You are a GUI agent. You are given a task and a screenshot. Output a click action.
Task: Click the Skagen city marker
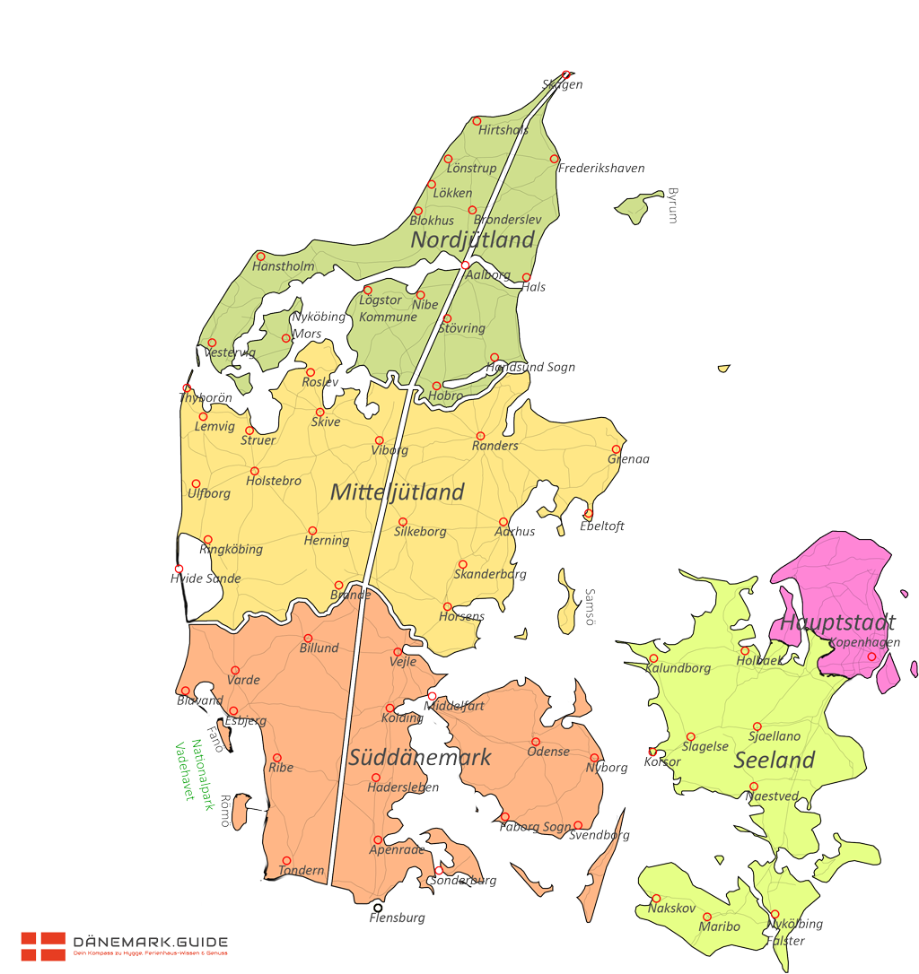click(565, 75)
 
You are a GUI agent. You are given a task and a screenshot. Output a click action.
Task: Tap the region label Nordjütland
click(473, 240)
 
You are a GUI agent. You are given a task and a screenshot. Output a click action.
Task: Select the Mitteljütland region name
click(398, 492)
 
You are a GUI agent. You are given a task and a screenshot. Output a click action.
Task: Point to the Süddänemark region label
click(420, 758)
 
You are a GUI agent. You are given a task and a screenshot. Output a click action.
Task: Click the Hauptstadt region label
click(837, 622)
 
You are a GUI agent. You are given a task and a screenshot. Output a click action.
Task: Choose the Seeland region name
click(774, 761)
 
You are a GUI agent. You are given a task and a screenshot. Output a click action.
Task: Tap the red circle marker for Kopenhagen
click(871, 657)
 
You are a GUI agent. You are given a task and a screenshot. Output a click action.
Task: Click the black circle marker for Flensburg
click(378, 908)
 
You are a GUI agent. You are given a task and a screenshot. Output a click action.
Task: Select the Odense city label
click(548, 752)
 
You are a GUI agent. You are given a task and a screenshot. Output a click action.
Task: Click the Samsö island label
click(590, 606)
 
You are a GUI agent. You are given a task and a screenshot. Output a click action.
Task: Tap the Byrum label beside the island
click(672, 205)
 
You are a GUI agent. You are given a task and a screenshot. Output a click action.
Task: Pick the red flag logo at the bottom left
click(43, 945)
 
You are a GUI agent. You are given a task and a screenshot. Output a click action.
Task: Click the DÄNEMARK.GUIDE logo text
click(151, 943)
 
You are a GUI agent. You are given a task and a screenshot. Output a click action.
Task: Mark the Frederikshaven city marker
click(555, 160)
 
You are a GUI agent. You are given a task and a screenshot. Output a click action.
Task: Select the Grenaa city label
click(628, 459)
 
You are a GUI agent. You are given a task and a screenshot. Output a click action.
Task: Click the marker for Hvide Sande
click(179, 569)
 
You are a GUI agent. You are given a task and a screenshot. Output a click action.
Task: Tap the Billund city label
click(319, 648)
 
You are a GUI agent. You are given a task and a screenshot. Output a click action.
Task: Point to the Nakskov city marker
click(656, 899)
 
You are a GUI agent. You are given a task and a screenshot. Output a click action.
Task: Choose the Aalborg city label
click(488, 275)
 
